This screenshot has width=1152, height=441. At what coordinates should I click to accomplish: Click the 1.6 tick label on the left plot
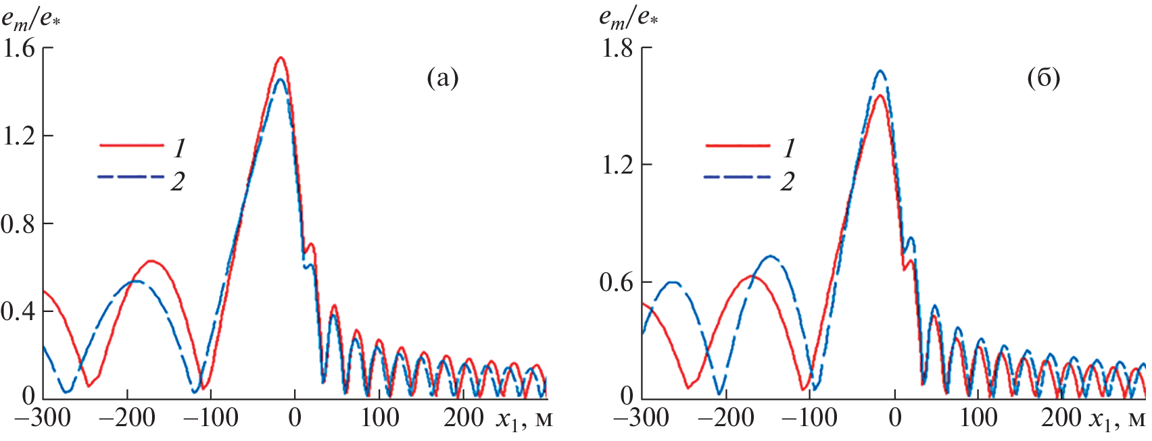[x=18, y=48]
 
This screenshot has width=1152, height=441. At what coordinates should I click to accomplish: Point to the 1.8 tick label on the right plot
[x=617, y=48]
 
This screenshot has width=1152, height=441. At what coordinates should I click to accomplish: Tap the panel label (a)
[x=443, y=78]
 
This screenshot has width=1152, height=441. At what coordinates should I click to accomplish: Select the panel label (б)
[x=1043, y=78]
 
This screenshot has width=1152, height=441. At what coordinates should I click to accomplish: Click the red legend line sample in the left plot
[x=131, y=145]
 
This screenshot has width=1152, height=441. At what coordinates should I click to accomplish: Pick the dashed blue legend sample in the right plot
[x=738, y=177]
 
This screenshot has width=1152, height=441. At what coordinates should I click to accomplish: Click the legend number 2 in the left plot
[x=177, y=181]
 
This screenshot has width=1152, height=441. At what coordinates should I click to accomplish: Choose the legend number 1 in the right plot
[x=788, y=148]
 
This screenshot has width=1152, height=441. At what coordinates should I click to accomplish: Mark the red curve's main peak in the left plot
[x=281, y=58]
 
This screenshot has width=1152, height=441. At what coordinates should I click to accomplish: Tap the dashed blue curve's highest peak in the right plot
[x=880, y=71]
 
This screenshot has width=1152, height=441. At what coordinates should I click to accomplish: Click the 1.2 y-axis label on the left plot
[x=18, y=136]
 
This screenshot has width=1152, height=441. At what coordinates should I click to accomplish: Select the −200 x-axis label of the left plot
[x=127, y=418]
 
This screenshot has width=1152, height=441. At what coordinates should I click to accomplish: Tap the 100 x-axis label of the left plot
[x=379, y=418]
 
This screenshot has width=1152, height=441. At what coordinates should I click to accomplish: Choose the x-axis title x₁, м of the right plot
[x=1119, y=419]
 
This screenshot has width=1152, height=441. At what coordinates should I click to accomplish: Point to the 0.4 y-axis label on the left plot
[x=18, y=311]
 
